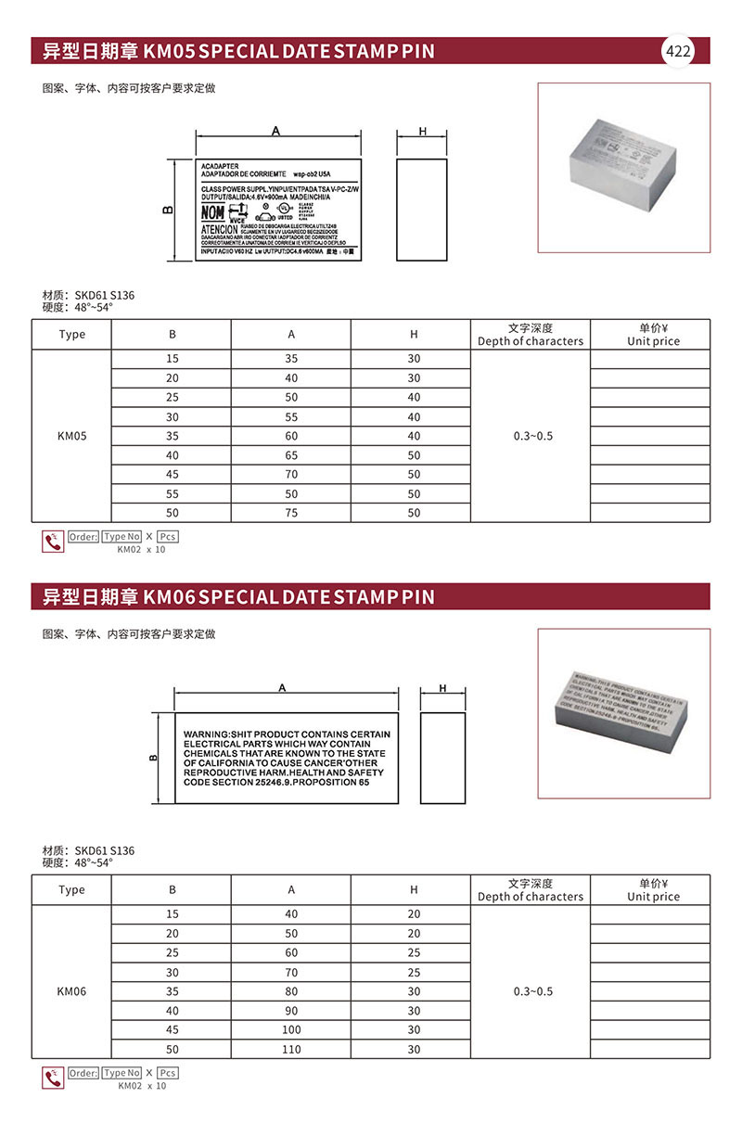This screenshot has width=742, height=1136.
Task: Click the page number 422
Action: pos(678,51)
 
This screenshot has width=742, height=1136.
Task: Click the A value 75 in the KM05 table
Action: pos(291,513)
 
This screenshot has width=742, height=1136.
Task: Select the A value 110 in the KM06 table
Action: pos(291,1049)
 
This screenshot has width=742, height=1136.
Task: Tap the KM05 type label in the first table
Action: pos(71,436)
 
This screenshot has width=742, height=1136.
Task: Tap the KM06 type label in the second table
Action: pos(71,991)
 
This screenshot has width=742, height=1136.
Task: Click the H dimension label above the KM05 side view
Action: pos(422,133)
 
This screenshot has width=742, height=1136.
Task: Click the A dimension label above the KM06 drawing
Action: pos(281,687)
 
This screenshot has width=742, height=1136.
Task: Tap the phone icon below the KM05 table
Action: pos(53,542)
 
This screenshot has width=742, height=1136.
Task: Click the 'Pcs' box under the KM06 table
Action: pos(167,1073)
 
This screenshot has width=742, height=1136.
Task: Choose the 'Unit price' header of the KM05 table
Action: pos(653,341)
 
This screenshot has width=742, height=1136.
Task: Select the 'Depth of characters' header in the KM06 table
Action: pos(531,897)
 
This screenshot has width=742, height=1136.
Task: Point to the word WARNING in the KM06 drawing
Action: pos(205,734)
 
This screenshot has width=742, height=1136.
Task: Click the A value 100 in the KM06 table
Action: pos(291,1029)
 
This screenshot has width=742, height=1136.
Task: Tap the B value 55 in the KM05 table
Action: pos(173,494)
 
